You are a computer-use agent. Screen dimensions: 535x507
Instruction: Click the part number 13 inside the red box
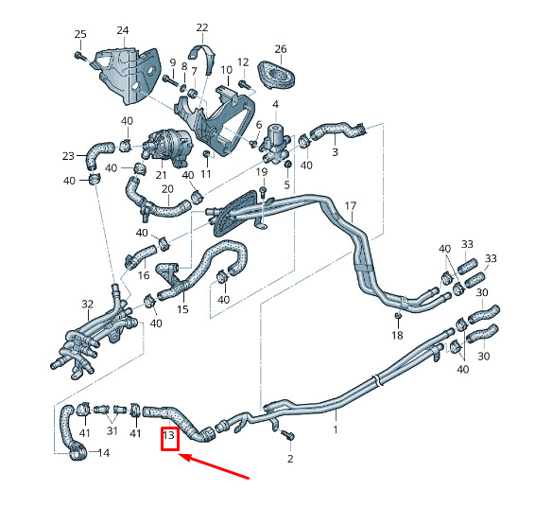coord(169,436)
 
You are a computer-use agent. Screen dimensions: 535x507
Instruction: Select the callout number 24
coord(123,30)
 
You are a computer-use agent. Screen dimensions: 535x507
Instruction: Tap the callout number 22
coord(202,27)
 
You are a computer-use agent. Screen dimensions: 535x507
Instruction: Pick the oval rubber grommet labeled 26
coord(276,77)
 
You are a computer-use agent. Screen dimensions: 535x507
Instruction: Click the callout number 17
coord(351,206)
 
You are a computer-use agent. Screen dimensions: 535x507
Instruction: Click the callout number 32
coord(87,304)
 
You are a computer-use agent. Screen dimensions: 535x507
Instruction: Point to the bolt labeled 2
coord(287,434)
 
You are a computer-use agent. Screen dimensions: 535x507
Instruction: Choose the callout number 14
coord(104,453)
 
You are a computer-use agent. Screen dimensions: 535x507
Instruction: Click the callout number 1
coord(336,429)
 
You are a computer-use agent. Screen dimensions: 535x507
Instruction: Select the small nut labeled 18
coord(398,316)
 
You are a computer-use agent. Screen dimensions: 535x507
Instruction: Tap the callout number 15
coord(182,309)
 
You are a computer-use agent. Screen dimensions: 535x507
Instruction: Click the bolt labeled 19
coord(263,192)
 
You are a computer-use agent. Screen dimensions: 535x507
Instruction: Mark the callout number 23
coord(68,156)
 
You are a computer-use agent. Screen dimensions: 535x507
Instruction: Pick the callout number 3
coord(335,151)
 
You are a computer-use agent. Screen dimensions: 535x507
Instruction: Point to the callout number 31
coord(112,431)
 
